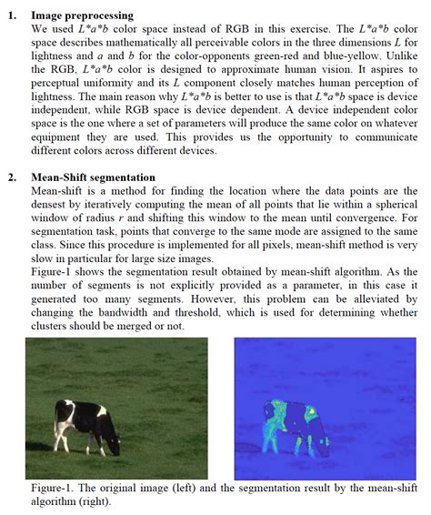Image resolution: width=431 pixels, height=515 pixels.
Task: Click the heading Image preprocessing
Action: (82, 15)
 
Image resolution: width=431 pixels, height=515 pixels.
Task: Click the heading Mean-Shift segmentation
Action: (93, 177)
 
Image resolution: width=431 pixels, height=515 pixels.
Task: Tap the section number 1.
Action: (13, 15)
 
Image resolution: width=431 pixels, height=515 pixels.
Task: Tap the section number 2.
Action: (13, 177)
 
